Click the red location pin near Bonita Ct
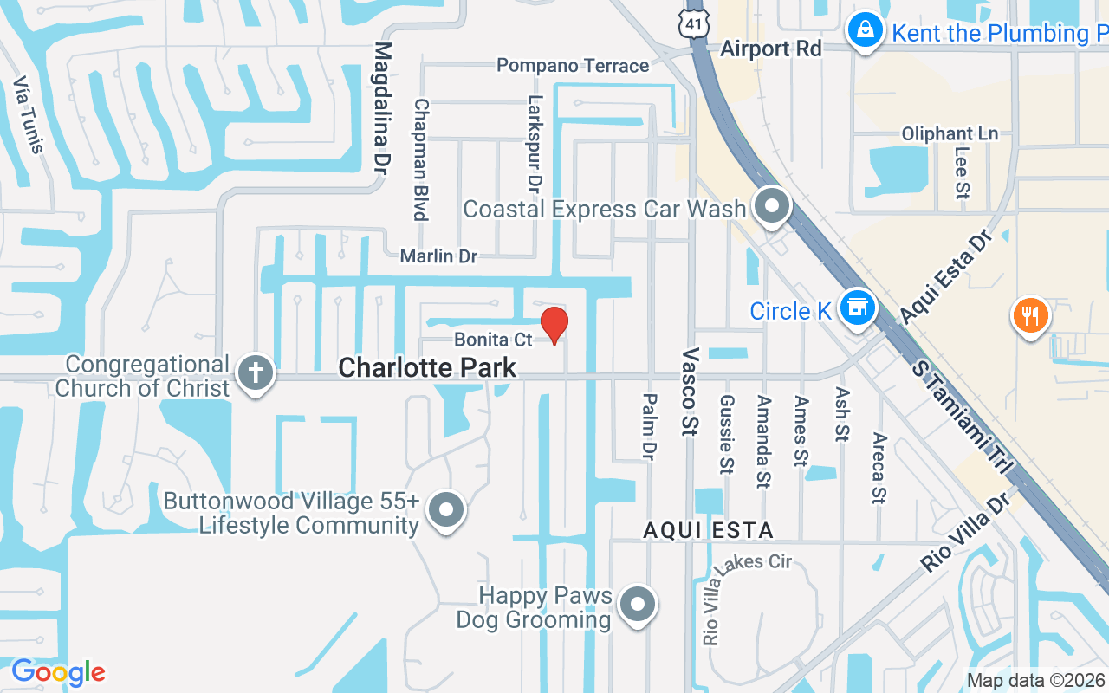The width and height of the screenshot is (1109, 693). (x=554, y=325)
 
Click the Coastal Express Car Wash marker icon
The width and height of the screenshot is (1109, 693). (x=770, y=207)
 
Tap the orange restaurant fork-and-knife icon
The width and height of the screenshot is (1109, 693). (x=1029, y=315)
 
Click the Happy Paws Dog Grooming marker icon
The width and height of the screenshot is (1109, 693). (x=639, y=605)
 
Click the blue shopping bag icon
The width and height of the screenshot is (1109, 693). (x=864, y=32)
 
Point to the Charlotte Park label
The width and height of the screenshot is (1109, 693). (x=427, y=368)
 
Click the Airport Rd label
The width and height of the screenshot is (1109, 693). (x=770, y=49)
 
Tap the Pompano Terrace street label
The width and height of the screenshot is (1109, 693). (x=573, y=66)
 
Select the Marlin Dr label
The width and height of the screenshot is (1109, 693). (x=438, y=256)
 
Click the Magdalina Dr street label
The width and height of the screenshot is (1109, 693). (x=383, y=108)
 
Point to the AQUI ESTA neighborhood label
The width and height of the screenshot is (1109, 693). (x=708, y=530)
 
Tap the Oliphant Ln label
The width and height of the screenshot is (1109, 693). (x=950, y=134)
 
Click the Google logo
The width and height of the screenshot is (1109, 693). (x=58, y=672)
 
